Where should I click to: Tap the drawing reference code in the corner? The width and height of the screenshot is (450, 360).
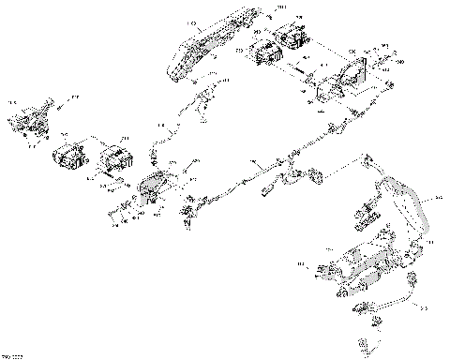(10, 355)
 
